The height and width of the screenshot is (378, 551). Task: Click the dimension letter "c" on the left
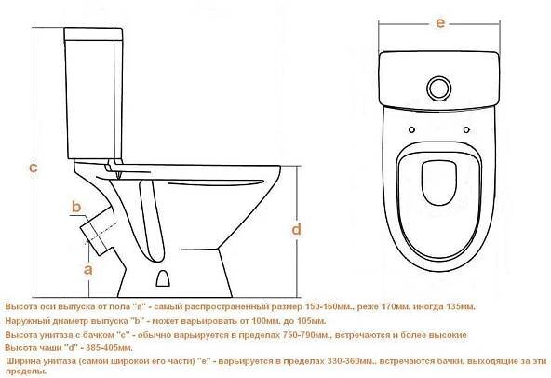point(33,169)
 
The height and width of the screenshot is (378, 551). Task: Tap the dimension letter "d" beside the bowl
point(297,229)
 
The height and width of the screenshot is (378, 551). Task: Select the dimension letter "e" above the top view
point(440,23)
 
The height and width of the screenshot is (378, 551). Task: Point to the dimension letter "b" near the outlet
point(76,207)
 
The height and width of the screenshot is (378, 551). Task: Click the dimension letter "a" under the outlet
point(87,270)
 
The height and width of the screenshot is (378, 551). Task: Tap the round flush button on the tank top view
point(439,88)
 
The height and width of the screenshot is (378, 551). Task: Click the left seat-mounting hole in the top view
point(411,129)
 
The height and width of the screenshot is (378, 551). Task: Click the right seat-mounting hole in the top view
point(466,129)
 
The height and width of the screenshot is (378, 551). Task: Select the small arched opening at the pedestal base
point(163,278)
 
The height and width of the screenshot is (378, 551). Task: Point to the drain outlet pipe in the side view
point(98,230)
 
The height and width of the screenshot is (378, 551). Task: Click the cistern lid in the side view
point(93,34)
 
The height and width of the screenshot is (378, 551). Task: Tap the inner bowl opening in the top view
point(439,182)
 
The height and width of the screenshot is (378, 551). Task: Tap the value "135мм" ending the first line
point(461,307)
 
